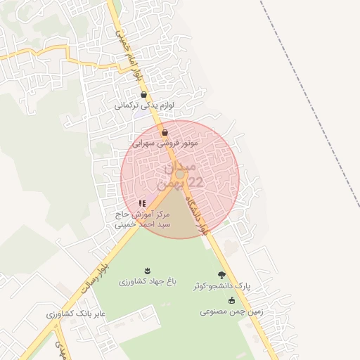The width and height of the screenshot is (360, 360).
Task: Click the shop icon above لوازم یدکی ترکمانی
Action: (x=144, y=94)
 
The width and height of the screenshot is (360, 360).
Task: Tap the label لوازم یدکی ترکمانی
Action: (x=144, y=105)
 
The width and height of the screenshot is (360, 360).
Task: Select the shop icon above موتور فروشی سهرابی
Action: (x=165, y=132)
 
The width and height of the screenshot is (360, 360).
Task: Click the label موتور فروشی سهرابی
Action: (x=165, y=143)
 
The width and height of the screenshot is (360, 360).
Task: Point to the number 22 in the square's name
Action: (x=194, y=183)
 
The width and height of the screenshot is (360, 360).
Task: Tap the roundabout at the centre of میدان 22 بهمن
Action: (x=180, y=174)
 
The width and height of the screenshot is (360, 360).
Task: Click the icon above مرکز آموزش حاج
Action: (x=142, y=203)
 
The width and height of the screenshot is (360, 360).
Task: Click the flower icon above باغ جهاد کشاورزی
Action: (x=147, y=271)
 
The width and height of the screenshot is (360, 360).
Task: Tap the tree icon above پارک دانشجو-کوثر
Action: (x=222, y=275)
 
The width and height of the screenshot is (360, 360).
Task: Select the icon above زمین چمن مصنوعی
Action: (x=231, y=300)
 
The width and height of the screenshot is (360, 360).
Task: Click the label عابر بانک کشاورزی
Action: (x=76, y=314)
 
